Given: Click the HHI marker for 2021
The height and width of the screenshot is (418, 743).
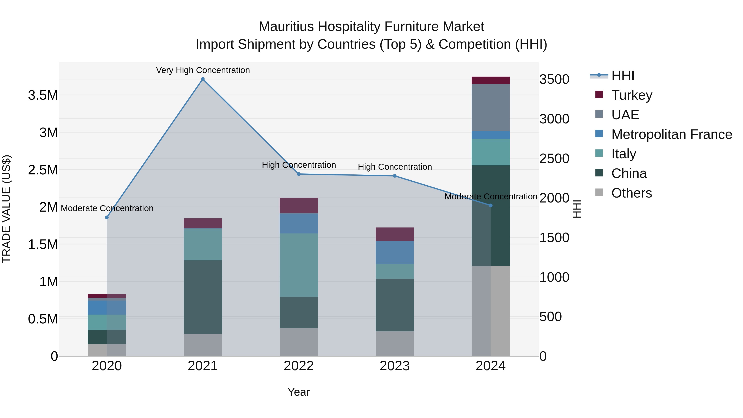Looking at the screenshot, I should pyautogui.click(x=203, y=79).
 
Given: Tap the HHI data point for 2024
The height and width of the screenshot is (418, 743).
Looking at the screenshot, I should pyautogui.click(x=491, y=205).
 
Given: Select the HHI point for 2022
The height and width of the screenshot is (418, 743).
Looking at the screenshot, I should pyautogui.click(x=299, y=174).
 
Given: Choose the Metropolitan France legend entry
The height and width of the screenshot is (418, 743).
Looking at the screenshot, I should pyautogui.click(x=671, y=134).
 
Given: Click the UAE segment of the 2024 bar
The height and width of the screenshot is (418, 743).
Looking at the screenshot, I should pyautogui.click(x=491, y=108).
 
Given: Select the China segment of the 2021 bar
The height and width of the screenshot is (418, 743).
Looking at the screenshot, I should pyautogui.click(x=203, y=297).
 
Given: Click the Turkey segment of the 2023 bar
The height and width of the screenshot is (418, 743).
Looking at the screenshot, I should pyautogui.click(x=395, y=234).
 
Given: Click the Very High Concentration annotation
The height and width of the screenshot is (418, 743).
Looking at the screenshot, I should pyautogui.click(x=203, y=70).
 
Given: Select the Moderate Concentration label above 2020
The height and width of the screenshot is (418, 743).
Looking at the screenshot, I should pyautogui.click(x=107, y=208).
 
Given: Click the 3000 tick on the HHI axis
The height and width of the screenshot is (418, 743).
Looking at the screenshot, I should pyautogui.click(x=554, y=119).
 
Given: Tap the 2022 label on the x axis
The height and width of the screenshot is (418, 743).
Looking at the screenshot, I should pyautogui.click(x=299, y=366).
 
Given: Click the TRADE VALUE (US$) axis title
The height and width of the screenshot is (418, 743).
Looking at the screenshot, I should pyautogui.click(x=6, y=209).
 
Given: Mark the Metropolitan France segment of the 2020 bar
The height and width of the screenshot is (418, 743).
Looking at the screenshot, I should pyautogui.click(x=107, y=308).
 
